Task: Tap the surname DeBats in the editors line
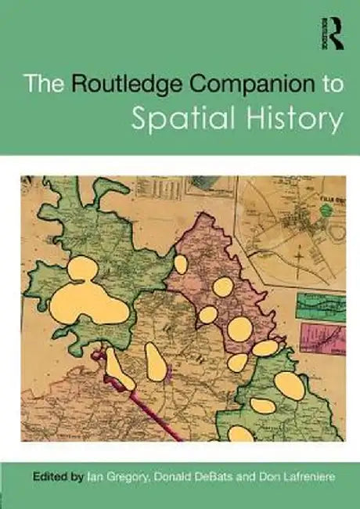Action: click(214, 475)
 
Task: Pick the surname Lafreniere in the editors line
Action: click(302, 475)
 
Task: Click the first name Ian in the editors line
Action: click(94, 475)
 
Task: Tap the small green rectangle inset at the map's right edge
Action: click(321, 306)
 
